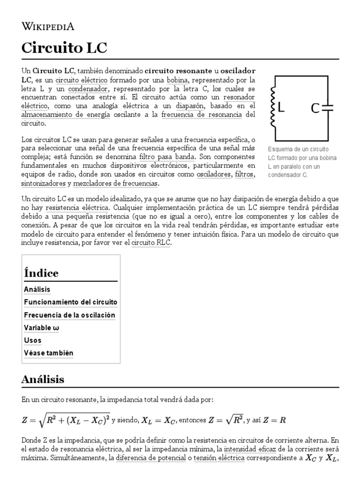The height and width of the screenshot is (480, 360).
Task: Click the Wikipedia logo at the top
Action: pyautogui.click(x=48, y=26)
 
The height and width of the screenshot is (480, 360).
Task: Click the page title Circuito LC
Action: pyautogui.click(x=64, y=48)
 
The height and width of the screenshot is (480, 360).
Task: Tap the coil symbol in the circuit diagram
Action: pyautogui.click(x=272, y=109)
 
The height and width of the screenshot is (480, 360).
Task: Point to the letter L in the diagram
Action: pyautogui.click(x=281, y=108)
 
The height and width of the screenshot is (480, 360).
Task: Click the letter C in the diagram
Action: pyautogui.click(x=315, y=109)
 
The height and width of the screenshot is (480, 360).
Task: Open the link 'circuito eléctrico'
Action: pyautogui.click(x=82, y=80)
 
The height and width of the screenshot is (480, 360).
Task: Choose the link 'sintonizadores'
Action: pyautogui.click(x=44, y=183)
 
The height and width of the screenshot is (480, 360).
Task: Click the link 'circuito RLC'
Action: pyautogui.click(x=151, y=243)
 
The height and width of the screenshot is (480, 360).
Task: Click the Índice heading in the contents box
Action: pyautogui.click(x=41, y=273)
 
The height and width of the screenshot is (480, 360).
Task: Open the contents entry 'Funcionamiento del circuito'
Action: pyautogui.click(x=70, y=302)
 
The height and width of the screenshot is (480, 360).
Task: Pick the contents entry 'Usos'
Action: pyautogui.click(x=32, y=340)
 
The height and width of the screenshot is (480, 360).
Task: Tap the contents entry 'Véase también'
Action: pyautogui.click(x=48, y=353)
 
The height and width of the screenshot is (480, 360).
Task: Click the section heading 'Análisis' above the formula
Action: pyautogui.click(x=43, y=379)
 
